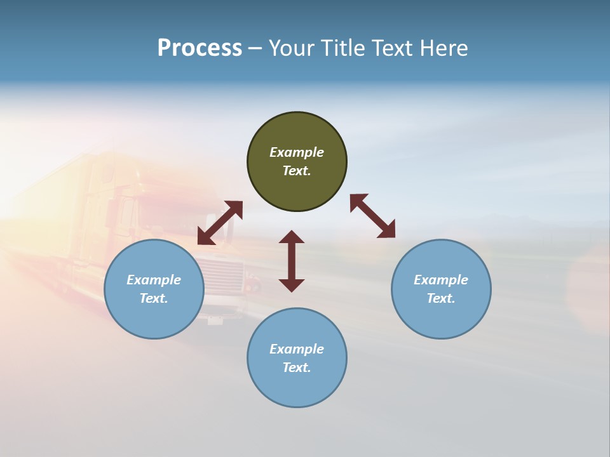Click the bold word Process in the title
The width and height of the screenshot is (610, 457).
click(x=200, y=48)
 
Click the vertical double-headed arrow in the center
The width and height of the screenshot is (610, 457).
click(x=292, y=261)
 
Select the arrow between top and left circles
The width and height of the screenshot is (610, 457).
click(x=220, y=223)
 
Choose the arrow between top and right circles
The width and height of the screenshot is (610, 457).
click(x=372, y=216)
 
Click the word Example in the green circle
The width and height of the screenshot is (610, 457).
click(x=297, y=152)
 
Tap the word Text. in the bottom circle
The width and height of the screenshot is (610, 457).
click(x=297, y=368)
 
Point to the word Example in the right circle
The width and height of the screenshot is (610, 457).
click(x=441, y=280)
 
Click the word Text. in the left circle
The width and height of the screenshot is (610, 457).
click(x=154, y=298)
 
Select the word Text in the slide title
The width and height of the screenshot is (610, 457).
click(x=393, y=48)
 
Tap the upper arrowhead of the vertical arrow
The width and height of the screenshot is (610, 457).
click(x=292, y=237)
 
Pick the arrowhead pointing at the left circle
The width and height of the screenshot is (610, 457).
click(x=205, y=237)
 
